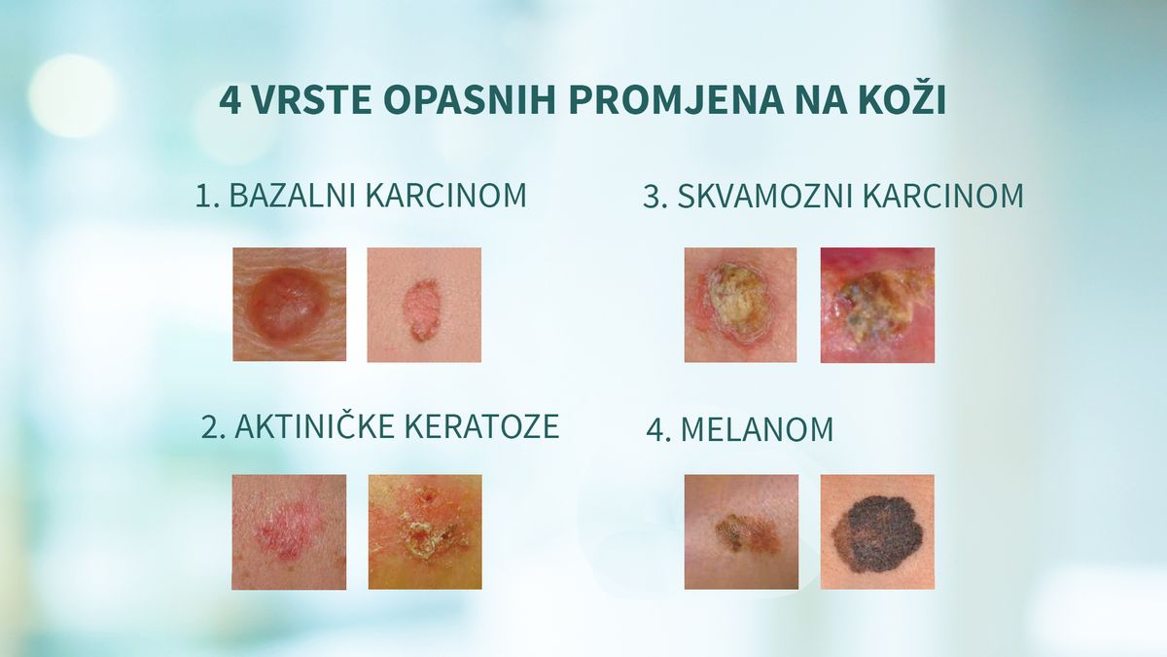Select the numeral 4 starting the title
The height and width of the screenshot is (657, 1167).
[230, 101]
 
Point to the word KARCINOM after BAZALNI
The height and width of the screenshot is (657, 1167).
[446, 196]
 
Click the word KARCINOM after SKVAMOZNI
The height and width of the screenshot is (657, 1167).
[943, 197]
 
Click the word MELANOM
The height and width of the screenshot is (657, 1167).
[757, 430]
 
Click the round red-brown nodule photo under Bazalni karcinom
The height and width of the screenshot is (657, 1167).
[289, 305]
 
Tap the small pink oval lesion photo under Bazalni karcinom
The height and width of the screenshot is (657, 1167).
[424, 305]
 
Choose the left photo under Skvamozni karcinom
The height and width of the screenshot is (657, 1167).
[740, 305]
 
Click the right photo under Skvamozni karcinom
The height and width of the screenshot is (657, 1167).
[877, 305]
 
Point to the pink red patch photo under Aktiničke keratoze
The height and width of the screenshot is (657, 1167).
[289, 531]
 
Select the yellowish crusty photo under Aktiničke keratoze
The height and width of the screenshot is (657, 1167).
[424, 531]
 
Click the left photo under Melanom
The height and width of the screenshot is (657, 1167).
[740, 531]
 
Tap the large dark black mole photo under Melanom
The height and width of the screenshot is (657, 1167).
[877, 531]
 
